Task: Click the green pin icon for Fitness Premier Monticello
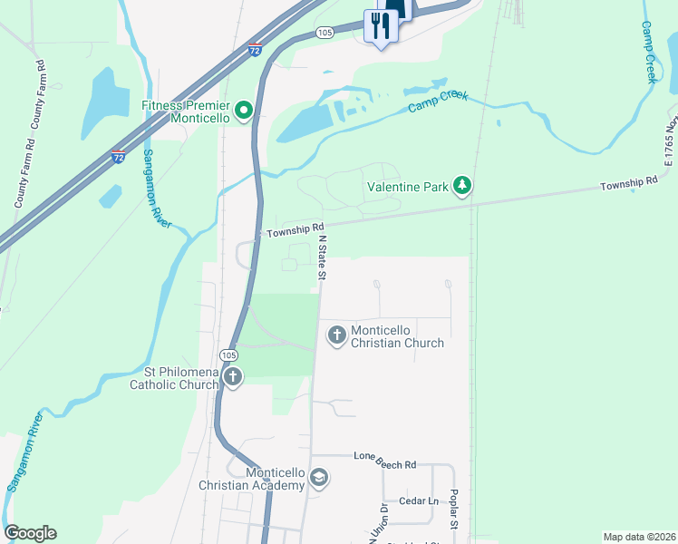click(x=243, y=112)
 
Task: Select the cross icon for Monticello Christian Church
click(x=336, y=335)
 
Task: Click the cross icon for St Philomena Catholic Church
click(x=233, y=377)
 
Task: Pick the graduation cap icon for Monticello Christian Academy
click(x=318, y=478)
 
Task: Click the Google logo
click(x=30, y=533)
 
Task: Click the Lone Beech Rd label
click(x=384, y=465)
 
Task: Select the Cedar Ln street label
click(x=420, y=500)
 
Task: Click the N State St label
click(x=322, y=257)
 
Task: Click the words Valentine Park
click(x=408, y=188)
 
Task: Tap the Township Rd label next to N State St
click(x=294, y=229)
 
